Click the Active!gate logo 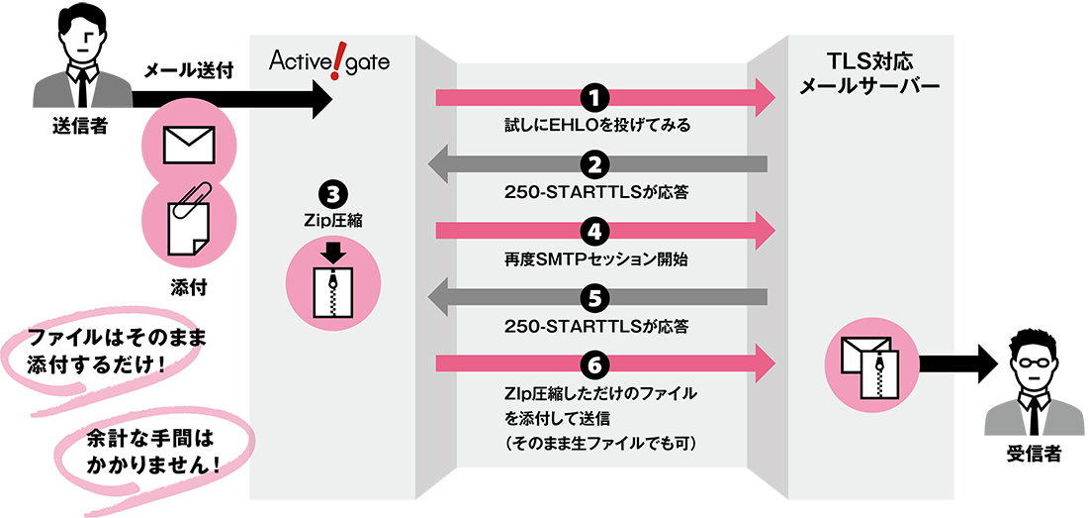click(329, 61)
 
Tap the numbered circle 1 click(594, 97)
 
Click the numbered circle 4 click(594, 232)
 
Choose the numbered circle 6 click(594, 364)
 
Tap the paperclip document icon click(187, 220)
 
